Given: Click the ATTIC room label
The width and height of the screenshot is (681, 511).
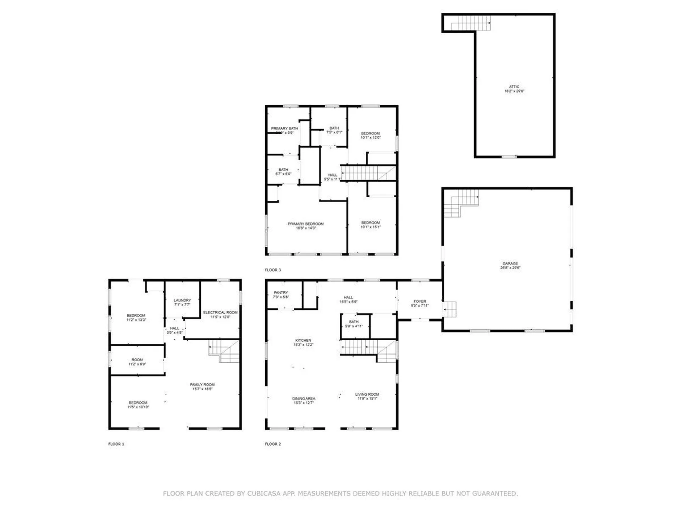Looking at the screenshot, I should pos(514,87).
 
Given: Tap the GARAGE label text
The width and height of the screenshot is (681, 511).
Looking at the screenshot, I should pos(510,263).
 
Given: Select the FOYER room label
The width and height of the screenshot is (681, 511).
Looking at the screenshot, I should pos(420,301).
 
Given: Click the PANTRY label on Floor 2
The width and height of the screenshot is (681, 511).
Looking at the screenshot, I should pos(281,293).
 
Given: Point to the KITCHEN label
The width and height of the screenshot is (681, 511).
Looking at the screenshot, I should pos(303,340).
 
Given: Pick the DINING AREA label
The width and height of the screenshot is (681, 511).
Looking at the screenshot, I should pos(304,399).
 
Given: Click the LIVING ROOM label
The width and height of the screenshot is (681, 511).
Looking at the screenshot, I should pos(367,394).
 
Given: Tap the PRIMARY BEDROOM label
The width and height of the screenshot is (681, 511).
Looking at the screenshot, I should pos(305,224).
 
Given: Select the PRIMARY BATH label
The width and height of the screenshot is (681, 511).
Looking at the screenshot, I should pos(284,128).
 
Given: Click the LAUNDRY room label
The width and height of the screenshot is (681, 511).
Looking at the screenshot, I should pos(182,300).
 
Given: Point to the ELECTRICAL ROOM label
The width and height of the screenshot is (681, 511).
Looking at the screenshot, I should pos(220,313).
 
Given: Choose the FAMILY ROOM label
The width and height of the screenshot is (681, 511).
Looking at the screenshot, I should pos(202,385).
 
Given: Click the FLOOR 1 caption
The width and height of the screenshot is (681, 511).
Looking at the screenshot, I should pos(116,444).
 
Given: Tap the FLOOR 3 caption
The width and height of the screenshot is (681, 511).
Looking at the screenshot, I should pos(272,270).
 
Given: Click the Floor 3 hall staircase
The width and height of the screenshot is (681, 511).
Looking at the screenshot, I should pos(367,173).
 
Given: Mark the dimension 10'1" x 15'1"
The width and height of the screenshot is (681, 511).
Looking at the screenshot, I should pos(370,227).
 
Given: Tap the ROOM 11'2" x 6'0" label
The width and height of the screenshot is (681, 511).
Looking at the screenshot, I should pos(137,360).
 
